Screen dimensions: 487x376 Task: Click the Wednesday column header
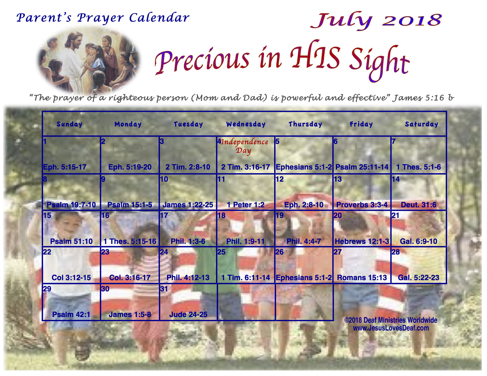[246, 124]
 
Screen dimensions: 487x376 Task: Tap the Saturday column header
[421, 124]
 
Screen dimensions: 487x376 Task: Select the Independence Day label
[244, 146]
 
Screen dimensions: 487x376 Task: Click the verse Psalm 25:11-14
[362, 167]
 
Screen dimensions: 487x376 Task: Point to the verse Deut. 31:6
[419, 205]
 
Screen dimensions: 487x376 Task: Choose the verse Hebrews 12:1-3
[362, 242]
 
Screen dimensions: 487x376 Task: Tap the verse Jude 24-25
[188, 315]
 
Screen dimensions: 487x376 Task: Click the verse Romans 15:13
[362, 278]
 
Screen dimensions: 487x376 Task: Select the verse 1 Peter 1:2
[246, 205]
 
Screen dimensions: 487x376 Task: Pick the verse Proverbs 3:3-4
[362, 205]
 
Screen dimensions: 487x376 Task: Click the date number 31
[164, 289]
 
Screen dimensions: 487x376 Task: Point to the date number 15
[47, 216]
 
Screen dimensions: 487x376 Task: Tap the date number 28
[396, 252]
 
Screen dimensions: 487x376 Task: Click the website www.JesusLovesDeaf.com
[391, 328]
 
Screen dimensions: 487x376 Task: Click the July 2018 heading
[376, 21]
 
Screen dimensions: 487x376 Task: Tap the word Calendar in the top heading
[159, 18]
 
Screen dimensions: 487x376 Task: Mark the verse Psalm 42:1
[71, 315]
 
